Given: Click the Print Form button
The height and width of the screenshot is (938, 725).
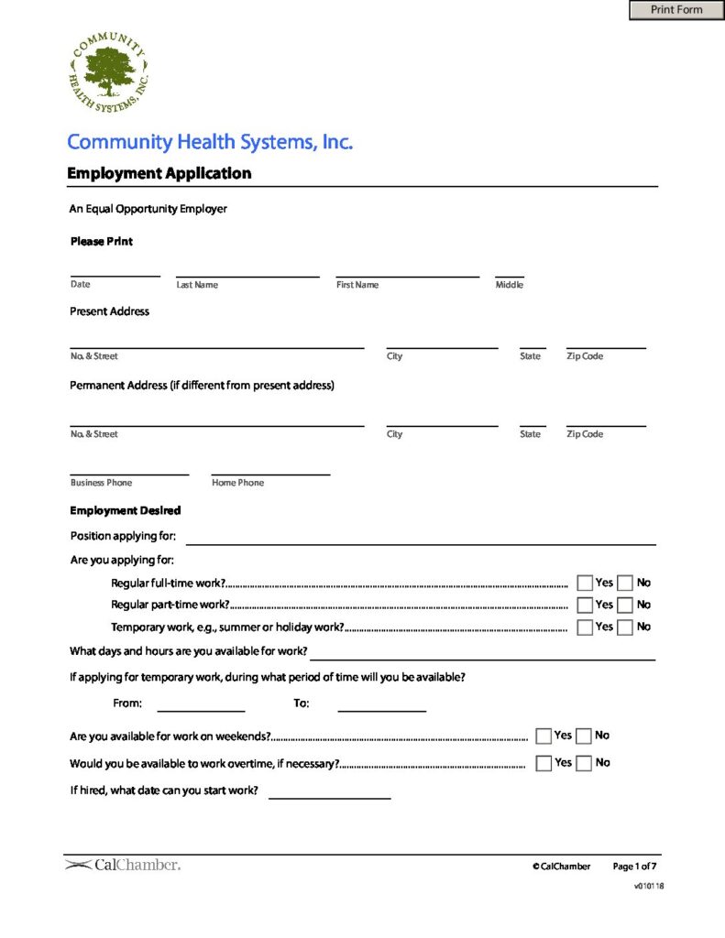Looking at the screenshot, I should coord(676,10).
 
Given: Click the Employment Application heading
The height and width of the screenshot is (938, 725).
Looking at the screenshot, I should coord(159,173).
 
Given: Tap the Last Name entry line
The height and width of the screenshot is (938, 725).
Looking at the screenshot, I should coord(247,269).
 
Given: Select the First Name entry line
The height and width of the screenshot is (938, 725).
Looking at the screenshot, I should coord(407,269).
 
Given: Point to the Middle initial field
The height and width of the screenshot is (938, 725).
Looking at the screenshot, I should coord(510,269).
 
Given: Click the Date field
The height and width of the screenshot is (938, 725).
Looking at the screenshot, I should coord(115,269).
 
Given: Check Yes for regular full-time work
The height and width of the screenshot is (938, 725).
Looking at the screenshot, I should coord(585,583).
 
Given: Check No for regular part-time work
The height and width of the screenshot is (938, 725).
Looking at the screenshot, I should coord(625,605).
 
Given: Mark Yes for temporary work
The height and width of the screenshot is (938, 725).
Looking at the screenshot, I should coord(585,627).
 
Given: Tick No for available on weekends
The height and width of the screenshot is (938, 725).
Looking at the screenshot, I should coord(584,736).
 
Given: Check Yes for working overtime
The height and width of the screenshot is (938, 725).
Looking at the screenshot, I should coord(544,763).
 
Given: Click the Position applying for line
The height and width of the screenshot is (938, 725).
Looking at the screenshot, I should coord(422,538).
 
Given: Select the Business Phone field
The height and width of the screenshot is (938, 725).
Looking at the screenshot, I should coord(129,467).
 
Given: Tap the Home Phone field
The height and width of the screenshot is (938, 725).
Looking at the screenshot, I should coord(270,467).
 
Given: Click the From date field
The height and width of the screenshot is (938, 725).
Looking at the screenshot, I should coord(201,703).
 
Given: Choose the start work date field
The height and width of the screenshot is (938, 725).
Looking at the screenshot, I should coord(329,791).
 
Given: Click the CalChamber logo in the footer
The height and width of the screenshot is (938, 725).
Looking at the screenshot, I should coord(123,865).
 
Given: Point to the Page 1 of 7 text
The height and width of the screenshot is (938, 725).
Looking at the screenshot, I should coord(634,866).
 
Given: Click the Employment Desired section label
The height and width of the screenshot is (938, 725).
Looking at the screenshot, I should coord(126,510).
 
